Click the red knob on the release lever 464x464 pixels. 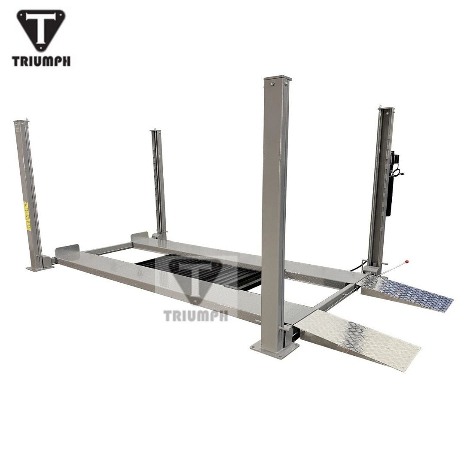click(406, 261)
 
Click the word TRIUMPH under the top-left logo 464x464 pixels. click(41, 61)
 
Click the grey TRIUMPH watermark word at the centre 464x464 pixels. click(195, 316)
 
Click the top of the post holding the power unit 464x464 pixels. click(386, 107)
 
